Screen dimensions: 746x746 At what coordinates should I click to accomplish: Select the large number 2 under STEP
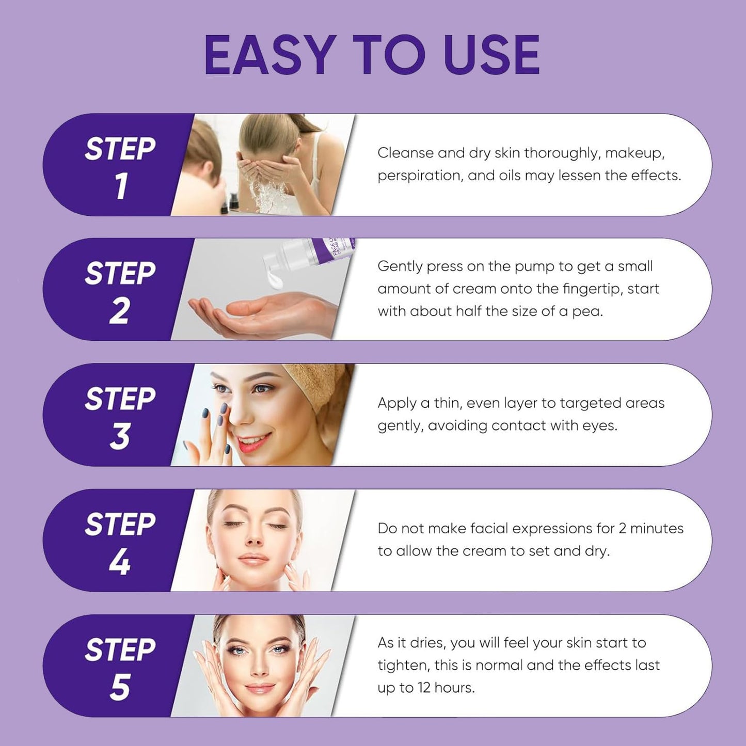coord(119,311)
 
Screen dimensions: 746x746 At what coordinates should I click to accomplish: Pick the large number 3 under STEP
coord(119,437)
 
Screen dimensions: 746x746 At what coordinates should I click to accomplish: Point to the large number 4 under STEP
coord(119,562)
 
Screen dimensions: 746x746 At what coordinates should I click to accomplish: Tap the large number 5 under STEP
coord(119,687)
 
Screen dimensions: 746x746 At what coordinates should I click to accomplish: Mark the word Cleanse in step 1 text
coord(405,153)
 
